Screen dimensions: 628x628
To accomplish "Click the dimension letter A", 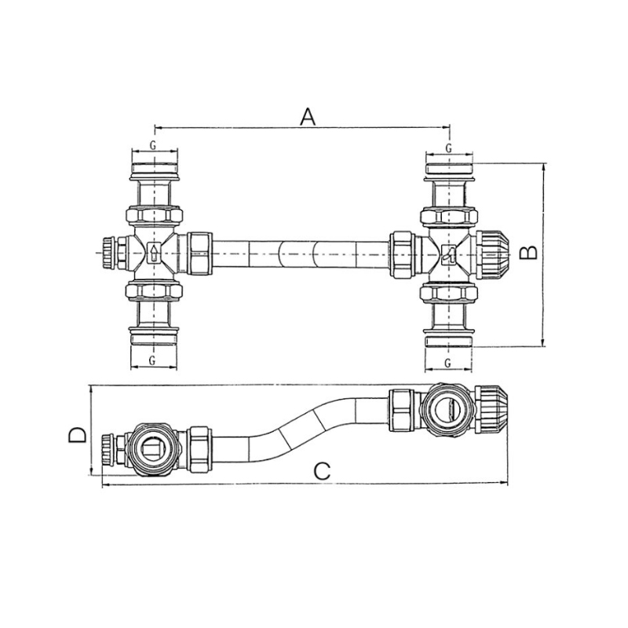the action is [x=308, y=116].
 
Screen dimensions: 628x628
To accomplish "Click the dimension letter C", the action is [x=322, y=471].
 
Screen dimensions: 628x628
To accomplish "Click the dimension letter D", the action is [x=77, y=435].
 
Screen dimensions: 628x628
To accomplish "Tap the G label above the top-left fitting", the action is [x=153, y=145].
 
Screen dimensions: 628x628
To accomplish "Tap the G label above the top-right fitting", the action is [x=448, y=148].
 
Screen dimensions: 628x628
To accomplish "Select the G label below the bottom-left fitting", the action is [x=152, y=360].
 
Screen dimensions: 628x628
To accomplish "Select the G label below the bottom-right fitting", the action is [x=447, y=363].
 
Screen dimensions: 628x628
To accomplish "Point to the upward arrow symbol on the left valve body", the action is [x=154, y=253].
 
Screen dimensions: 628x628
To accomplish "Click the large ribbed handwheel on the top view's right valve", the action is [x=493, y=254].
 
